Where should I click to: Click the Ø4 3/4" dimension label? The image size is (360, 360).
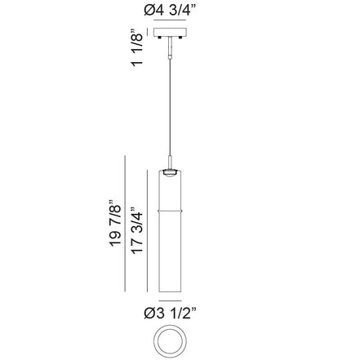click(x=170, y=11)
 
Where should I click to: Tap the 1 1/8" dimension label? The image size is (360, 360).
click(x=137, y=47)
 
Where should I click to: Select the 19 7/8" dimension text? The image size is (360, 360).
click(x=115, y=224)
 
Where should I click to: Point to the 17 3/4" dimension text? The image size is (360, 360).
click(x=136, y=230)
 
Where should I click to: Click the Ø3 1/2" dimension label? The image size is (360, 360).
click(x=170, y=313)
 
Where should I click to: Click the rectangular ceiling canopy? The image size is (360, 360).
click(x=170, y=32)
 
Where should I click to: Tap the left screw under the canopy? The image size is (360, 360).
click(x=160, y=38)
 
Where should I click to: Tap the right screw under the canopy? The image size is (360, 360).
click(x=180, y=38)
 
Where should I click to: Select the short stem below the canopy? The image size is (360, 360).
click(x=170, y=47)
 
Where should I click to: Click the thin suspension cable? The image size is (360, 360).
click(x=170, y=107)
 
